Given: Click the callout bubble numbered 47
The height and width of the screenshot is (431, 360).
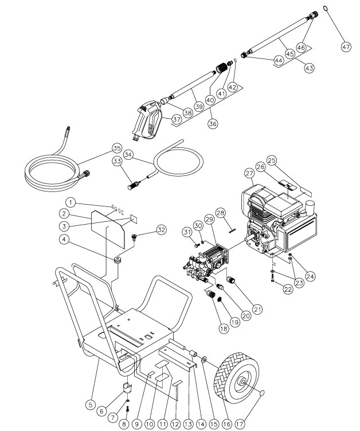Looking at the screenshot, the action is tap(346, 47).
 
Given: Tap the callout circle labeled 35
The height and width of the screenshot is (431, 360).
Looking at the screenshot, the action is tap(117, 148).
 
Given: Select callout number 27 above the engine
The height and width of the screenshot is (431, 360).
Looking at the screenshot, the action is tap(249, 174).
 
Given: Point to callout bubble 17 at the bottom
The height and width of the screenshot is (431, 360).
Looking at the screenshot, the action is tap(240, 424).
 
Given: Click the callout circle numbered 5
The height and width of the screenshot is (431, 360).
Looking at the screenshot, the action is tap(91, 405).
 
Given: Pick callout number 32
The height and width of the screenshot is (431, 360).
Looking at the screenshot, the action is tap(161, 229).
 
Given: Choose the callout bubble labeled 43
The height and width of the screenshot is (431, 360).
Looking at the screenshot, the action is tap(310, 68).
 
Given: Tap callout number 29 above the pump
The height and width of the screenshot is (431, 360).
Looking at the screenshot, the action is tap(209, 219).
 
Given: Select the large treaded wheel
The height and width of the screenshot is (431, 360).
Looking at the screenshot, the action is tap(237, 381).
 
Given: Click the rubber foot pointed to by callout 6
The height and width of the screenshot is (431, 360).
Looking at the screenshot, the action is tap(127, 388).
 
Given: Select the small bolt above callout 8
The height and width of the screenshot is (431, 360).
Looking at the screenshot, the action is tap(127, 409).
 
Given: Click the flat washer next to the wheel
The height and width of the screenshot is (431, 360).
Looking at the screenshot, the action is tap(204, 359).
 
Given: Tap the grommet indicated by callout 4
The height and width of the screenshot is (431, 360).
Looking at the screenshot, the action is tap(118, 260).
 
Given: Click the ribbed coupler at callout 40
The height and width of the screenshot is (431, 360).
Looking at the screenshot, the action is tap(221, 68).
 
